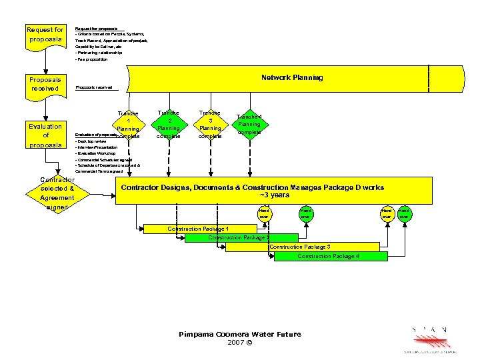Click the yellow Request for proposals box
tap(45, 35)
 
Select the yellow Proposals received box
tap(45, 84)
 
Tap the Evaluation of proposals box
tap(45, 135)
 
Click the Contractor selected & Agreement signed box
tap(57, 193)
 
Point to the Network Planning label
tap(292, 77)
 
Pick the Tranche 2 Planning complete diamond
tap(168, 125)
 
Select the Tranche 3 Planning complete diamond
tap(210, 125)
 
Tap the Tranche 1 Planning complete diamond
tap(127, 125)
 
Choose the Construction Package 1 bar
tap(198, 229)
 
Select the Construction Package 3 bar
tap(299, 247)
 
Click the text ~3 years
tap(274, 195)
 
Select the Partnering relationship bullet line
tap(99, 53)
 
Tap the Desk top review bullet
tap(91, 141)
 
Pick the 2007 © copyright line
tap(240, 342)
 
